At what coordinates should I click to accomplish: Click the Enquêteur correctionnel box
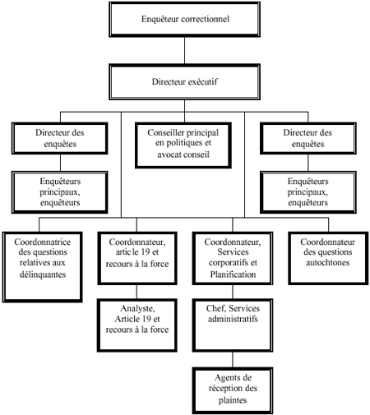pyautogui.click(x=185, y=17)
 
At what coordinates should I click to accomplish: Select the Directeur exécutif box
pyautogui.click(x=184, y=82)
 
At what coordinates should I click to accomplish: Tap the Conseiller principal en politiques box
pyautogui.click(x=184, y=141)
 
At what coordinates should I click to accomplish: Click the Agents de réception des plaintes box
pyautogui.click(x=229, y=389)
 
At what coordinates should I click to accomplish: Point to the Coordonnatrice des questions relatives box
pyautogui.click(x=44, y=264)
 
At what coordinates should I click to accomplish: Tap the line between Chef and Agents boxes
pyautogui.click(x=229, y=359)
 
